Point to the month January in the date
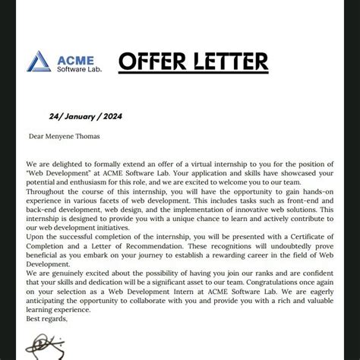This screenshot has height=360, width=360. (81, 116)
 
